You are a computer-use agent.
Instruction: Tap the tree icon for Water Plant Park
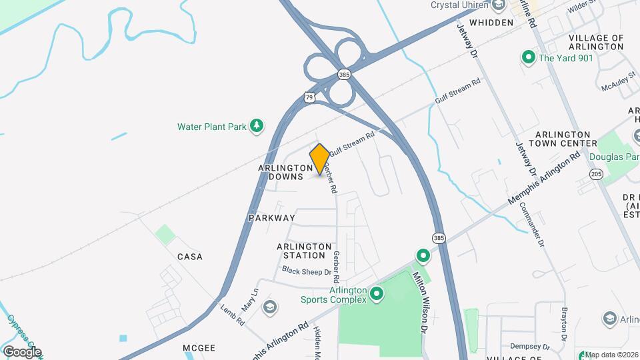tap(257, 126)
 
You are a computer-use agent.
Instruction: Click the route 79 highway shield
tap(309, 97)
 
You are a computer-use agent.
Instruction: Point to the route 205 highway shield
tap(596, 174)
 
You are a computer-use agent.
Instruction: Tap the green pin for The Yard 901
tap(529, 58)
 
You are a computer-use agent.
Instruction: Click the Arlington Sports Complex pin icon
tap(377, 293)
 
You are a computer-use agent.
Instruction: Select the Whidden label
tap(491, 23)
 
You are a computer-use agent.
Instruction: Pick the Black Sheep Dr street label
tap(306, 271)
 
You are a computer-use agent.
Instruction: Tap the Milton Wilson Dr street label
tap(419, 302)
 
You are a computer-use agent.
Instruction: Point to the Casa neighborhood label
tap(189, 257)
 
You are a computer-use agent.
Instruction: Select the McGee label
tap(199, 348)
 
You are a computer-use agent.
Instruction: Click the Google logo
tap(22, 352)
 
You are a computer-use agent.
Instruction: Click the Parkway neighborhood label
tap(271, 218)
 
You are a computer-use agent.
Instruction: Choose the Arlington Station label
tap(304, 251)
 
